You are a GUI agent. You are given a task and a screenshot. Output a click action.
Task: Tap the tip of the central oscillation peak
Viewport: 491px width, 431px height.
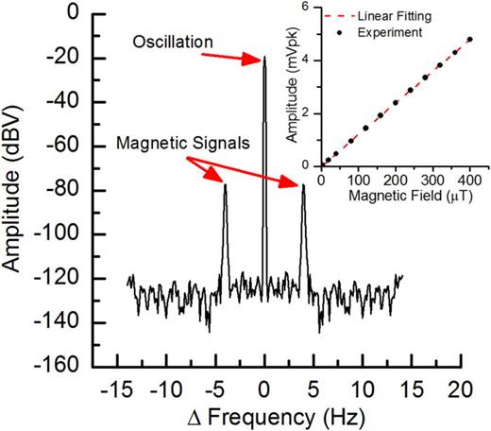click(x=264, y=57)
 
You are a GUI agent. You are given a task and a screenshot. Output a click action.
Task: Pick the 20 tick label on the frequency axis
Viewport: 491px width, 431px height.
click(x=459, y=388)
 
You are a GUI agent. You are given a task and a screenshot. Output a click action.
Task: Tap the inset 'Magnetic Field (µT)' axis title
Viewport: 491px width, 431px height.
click(x=397, y=196)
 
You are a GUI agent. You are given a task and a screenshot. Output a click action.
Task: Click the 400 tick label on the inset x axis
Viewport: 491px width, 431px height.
click(x=470, y=180)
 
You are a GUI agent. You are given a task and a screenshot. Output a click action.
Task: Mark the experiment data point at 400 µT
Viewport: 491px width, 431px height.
click(x=469, y=40)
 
